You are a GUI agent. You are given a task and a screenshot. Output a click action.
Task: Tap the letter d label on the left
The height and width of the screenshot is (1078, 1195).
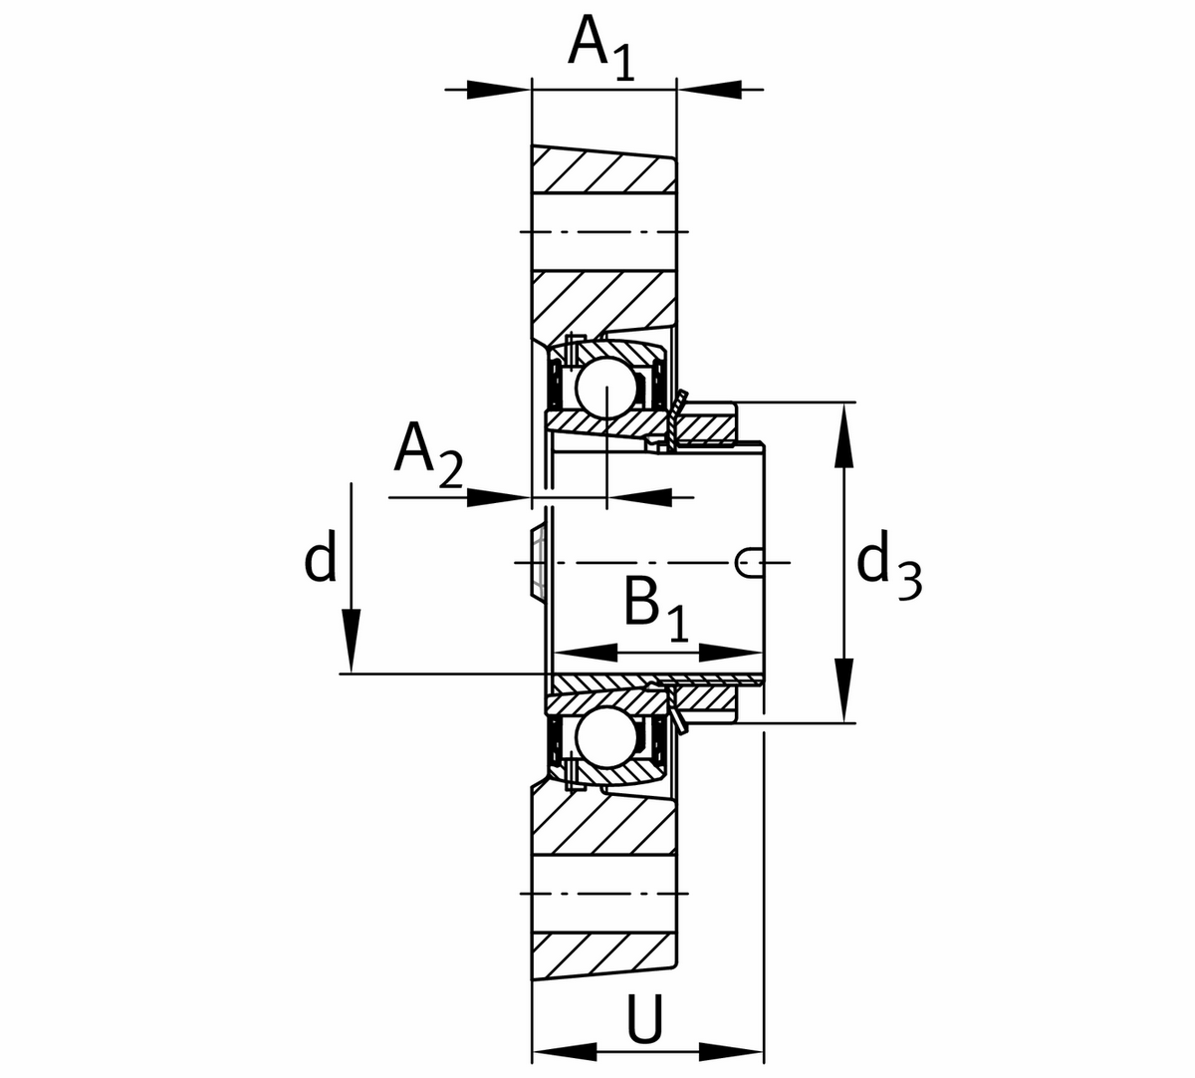coord(320,558)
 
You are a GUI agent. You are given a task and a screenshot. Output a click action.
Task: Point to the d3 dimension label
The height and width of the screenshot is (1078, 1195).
coord(888,566)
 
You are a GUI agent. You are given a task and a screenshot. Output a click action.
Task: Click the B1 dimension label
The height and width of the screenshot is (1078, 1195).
coord(655,606)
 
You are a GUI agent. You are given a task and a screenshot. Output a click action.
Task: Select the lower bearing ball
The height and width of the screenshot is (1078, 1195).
coord(606,738)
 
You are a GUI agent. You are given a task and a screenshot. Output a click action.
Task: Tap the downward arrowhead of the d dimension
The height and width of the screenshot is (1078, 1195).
coord(351,644)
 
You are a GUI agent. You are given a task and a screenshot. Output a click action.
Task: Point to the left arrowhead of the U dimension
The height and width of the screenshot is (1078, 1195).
coord(564,1051)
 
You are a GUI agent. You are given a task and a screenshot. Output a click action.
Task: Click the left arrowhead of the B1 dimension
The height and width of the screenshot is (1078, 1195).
coord(583,653)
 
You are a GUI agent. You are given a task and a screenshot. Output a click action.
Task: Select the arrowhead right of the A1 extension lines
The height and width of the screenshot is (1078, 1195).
coord(711,89)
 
